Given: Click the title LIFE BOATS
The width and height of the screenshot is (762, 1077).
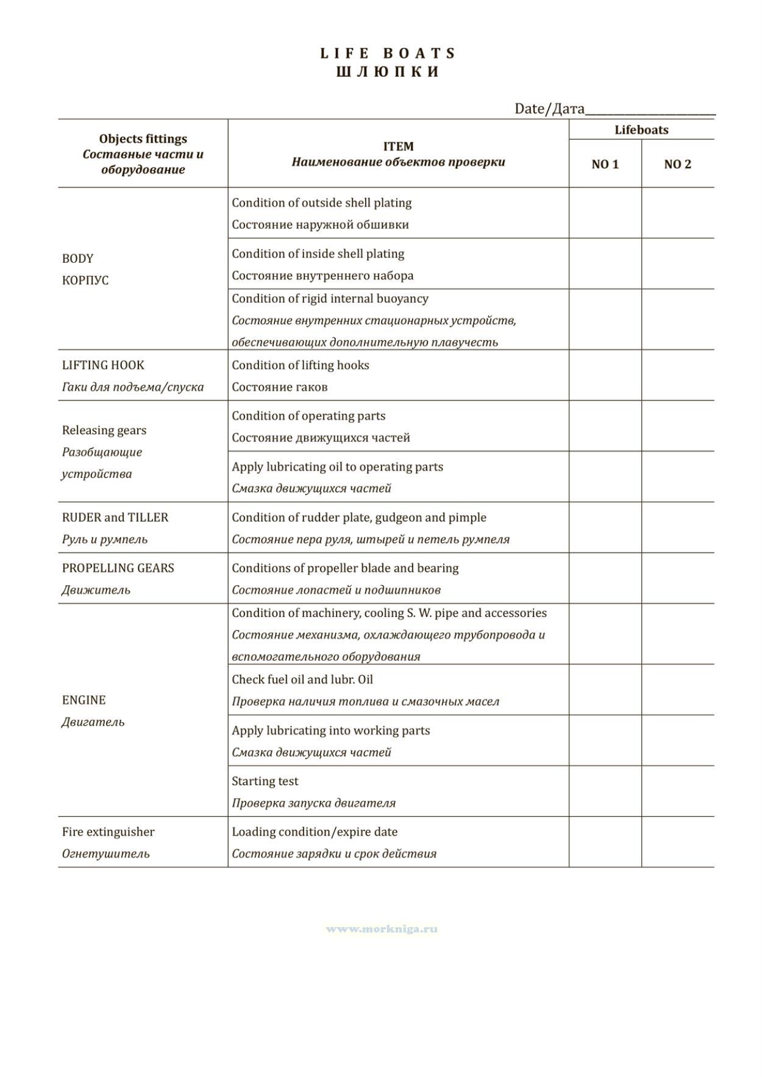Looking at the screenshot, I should click(x=388, y=54).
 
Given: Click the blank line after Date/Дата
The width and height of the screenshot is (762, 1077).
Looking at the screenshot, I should click(x=650, y=110).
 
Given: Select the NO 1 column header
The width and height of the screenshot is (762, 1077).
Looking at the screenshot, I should click(x=605, y=164).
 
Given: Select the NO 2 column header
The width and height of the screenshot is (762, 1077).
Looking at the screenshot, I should click(x=677, y=164).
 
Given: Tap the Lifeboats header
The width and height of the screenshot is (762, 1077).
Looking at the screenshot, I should click(x=641, y=130).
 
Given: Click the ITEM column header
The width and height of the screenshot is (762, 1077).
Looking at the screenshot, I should click(x=398, y=146).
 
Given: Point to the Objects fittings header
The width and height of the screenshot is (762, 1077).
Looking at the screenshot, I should click(x=143, y=139).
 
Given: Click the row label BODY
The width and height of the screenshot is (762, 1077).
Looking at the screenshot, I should click(x=78, y=258).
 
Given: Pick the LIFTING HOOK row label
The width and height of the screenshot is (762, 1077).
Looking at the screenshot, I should click(x=103, y=365).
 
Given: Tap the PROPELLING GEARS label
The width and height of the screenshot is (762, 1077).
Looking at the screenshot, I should click(x=118, y=568).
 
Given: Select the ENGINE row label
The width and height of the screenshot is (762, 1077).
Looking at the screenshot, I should click(x=84, y=700).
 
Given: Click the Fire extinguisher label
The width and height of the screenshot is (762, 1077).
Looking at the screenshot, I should click(x=108, y=832).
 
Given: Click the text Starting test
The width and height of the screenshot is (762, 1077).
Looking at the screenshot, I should click(x=265, y=781).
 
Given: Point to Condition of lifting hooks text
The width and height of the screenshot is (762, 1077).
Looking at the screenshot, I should click(x=301, y=365).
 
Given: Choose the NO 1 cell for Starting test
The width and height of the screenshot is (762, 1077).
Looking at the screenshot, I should click(x=605, y=791).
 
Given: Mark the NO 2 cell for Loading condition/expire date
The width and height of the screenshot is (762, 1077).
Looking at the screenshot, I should click(x=677, y=842).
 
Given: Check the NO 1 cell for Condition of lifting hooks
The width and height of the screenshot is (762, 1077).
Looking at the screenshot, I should click(x=605, y=375).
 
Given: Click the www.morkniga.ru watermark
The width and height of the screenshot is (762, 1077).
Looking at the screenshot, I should click(x=382, y=929).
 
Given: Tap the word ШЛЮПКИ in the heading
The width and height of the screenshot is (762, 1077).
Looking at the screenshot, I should click(x=388, y=72).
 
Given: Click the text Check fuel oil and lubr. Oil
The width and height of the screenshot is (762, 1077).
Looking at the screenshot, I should click(x=302, y=680).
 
